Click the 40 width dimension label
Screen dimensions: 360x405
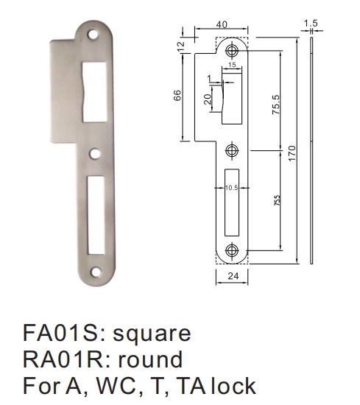222,24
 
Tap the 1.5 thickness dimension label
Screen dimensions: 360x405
311,24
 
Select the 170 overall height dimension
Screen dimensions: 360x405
292,153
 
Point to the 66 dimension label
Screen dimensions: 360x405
177,96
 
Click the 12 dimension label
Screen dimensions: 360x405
181,46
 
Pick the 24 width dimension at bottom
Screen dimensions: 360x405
233,276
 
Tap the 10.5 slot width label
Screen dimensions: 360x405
231,188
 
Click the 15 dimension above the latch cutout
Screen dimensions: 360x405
232,65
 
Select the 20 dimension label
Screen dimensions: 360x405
208,99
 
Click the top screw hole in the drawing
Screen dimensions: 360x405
232,51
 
